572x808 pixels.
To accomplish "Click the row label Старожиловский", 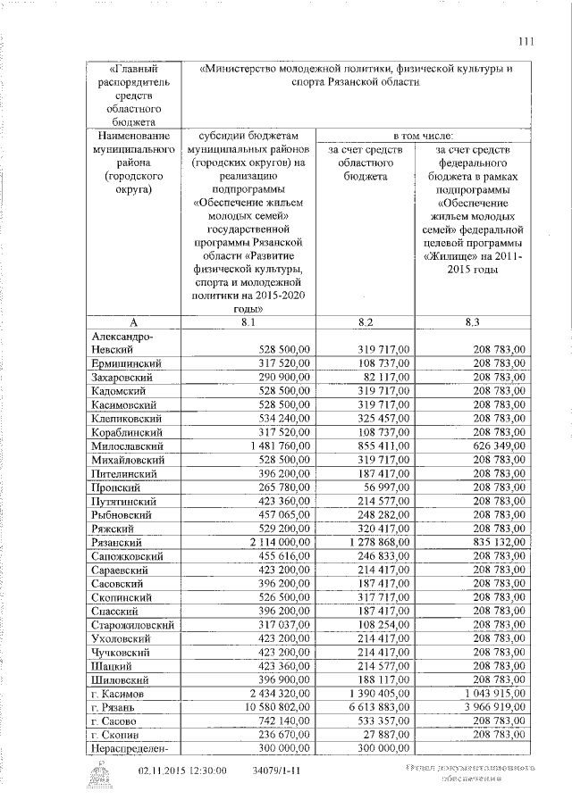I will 132,625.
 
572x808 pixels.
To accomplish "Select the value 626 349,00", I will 494,445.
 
